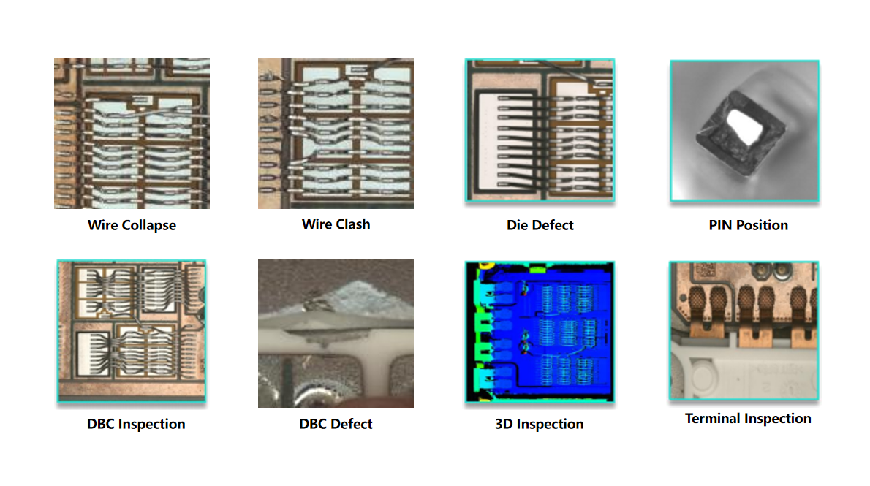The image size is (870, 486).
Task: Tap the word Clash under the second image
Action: pyautogui.click(x=353, y=224)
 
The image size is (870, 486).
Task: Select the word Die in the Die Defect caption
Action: pyautogui.click(x=517, y=225)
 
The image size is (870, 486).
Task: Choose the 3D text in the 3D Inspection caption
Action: pyautogui.click(x=504, y=425)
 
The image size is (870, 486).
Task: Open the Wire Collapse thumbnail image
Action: pyautogui.click(x=132, y=134)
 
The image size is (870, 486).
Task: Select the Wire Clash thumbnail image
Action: pyautogui.click(x=336, y=134)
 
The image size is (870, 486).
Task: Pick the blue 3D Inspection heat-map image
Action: pyautogui.click(x=540, y=332)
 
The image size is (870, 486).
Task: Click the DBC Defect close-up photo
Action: pyautogui.click(x=336, y=333)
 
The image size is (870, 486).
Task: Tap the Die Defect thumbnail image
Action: pyautogui.click(x=540, y=130)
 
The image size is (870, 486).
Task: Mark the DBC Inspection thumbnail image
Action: pyautogui.click(x=132, y=330)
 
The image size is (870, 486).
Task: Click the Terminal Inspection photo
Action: pyautogui.click(x=744, y=330)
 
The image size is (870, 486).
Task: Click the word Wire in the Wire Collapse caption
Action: pyautogui.click(x=102, y=225)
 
